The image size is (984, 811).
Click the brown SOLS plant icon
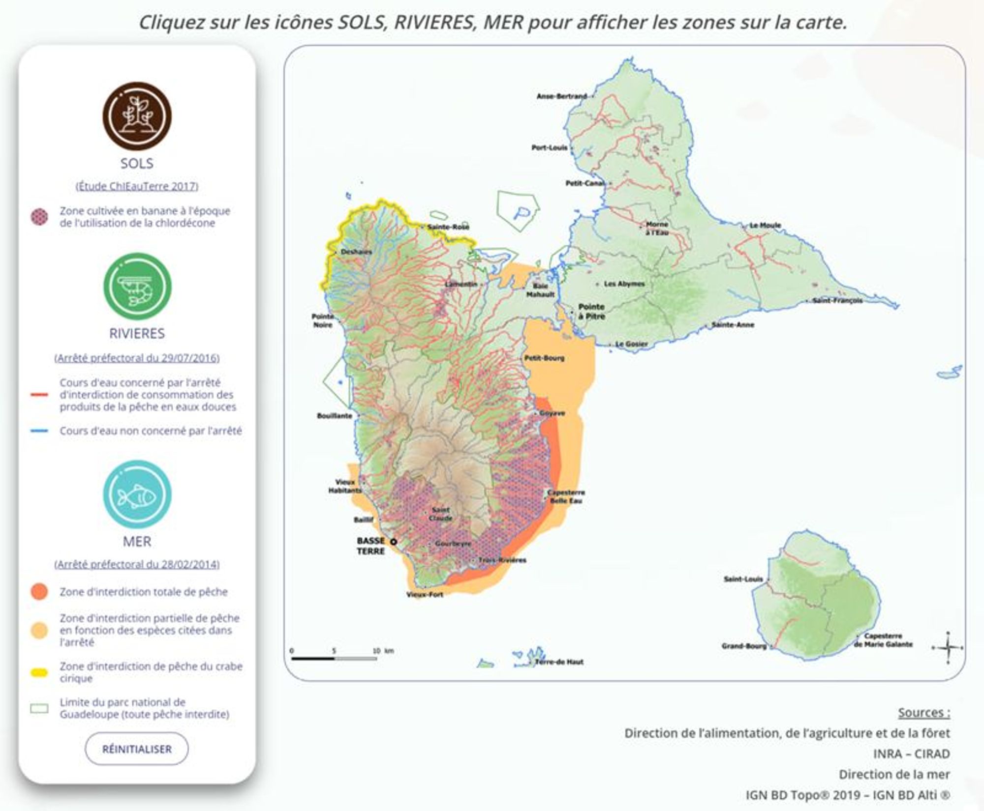[137, 116]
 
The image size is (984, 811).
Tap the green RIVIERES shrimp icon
[137, 287]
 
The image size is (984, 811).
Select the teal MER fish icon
[137, 494]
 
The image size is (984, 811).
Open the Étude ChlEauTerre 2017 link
[137, 186]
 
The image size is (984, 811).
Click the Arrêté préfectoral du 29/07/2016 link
[137, 358]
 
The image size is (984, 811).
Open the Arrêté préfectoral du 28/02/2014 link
[137, 564]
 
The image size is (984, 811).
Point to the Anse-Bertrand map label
[561, 96]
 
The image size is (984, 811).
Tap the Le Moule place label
[765, 226]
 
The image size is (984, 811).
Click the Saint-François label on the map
[837, 300]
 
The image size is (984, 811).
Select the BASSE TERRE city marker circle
[394, 542]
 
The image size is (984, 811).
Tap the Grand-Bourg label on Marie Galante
[743, 646]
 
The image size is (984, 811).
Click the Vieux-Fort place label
[425, 595]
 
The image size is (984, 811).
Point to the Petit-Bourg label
[544, 358]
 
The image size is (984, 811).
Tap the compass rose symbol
[948, 648]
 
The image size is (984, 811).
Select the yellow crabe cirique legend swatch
[39, 672]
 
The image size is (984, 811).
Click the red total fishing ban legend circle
[39, 592]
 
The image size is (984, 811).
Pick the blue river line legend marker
[39, 431]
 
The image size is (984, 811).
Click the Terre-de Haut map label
[559, 662]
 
